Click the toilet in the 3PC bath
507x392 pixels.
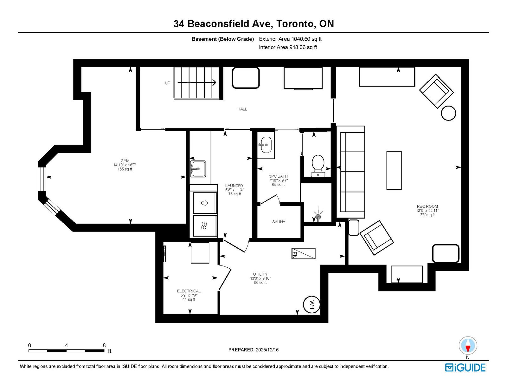[x=318, y=166]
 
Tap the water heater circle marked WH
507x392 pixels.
[x=311, y=305]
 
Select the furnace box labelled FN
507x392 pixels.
[x=304, y=253]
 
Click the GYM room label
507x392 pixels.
[x=125, y=160]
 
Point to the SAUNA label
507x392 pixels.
[x=279, y=222]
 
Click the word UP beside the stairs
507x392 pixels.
[x=168, y=83]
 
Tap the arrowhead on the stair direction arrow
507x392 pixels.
[x=214, y=82]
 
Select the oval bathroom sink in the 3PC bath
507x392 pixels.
[x=266, y=145]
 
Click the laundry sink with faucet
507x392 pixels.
[x=198, y=169]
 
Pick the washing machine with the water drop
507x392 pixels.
[x=205, y=203]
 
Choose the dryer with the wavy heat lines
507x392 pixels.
[x=205, y=225]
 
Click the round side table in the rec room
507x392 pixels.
[x=448, y=113]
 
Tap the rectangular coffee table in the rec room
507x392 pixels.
[x=394, y=170]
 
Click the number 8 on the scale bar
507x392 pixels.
[x=104, y=345]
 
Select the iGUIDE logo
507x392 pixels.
[x=465, y=368]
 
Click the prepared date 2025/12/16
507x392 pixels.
[x=267, y=350]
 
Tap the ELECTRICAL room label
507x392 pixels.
[x=189, y=291]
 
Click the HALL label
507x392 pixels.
[x=242, y=109]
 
